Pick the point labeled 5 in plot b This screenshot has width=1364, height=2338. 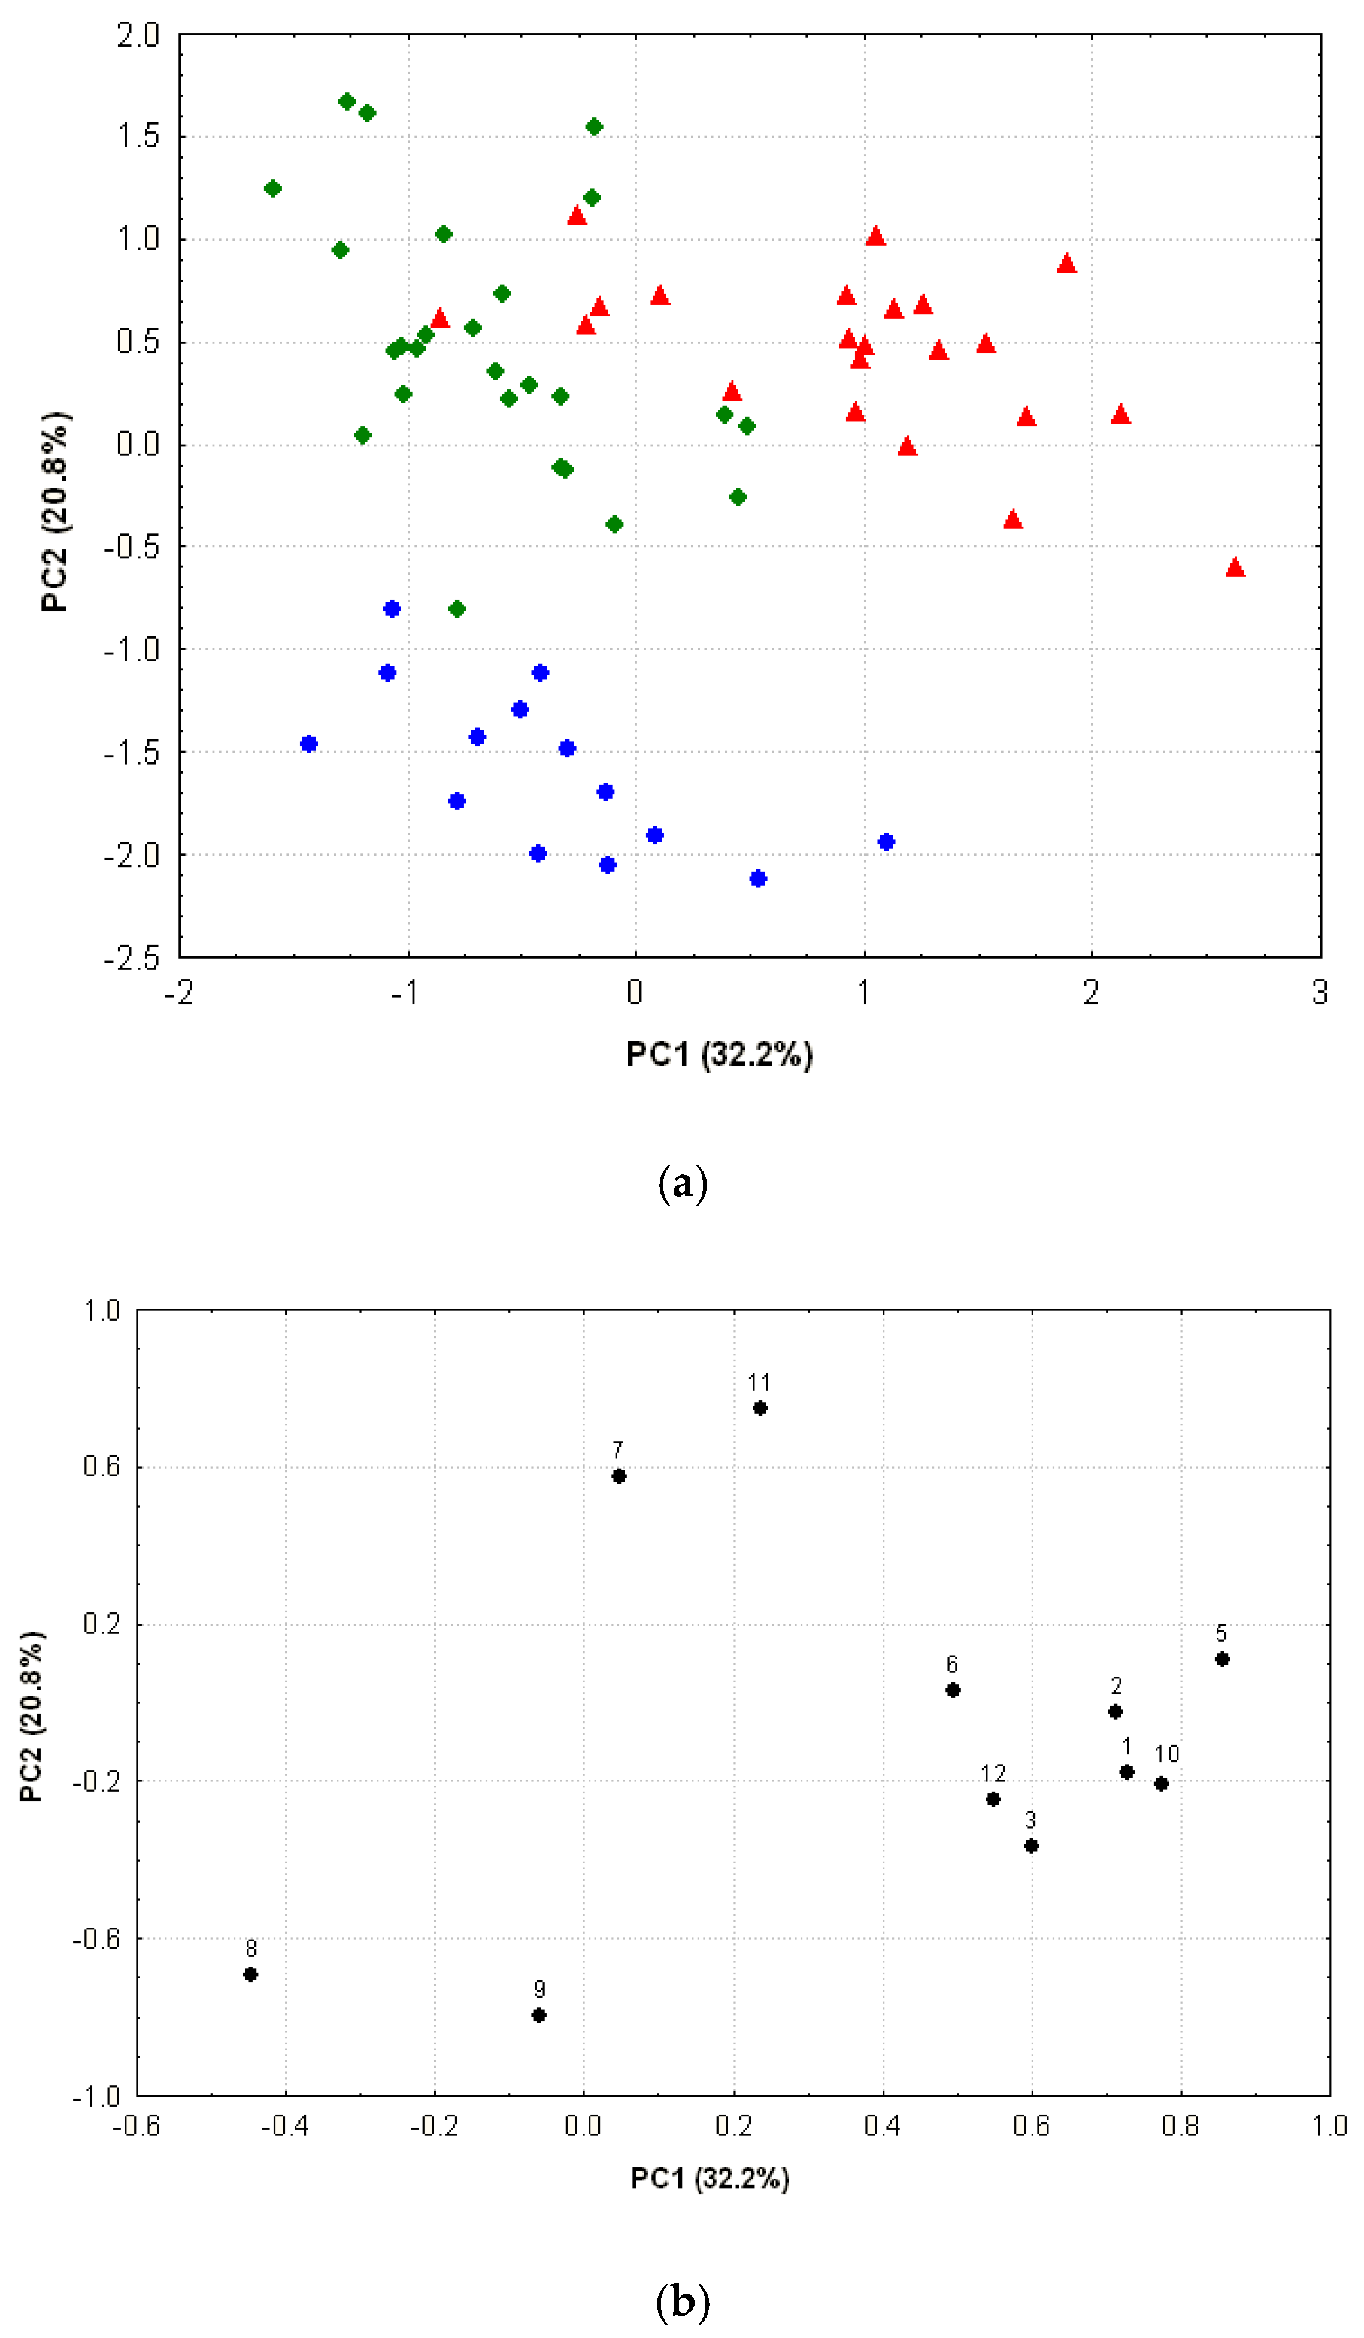coord(1222,1659)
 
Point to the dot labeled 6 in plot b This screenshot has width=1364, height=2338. coord(952,1690)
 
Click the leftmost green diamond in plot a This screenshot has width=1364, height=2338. coord(272,188)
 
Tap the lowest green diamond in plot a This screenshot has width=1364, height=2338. coord(457,609)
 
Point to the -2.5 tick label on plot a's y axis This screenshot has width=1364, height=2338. coord(132,959)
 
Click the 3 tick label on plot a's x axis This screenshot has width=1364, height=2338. coord(1320,993)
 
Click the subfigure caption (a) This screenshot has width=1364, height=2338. coord(683,1185)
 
